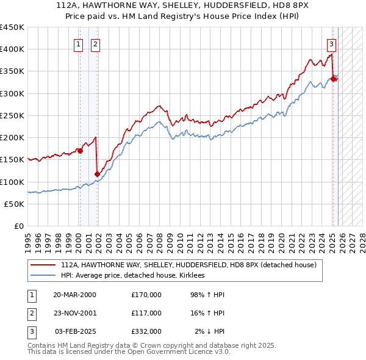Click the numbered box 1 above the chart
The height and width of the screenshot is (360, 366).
coord(79,43)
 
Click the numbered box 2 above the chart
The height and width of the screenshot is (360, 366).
coord(96,43)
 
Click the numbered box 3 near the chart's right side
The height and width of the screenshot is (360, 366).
coord(331,43)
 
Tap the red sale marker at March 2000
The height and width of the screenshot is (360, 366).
coord(80,151)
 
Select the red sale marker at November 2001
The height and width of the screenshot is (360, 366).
coord(97,174)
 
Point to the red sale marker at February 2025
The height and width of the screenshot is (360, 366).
coord(334,79)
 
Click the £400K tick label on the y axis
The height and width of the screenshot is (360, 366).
coord(12,49)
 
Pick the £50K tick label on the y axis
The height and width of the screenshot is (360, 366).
coord(15,204)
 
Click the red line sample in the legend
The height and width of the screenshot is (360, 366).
coord(43,265)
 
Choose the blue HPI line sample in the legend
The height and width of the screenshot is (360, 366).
coord(43,276)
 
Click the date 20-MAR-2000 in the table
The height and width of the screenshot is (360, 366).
coord(74,295)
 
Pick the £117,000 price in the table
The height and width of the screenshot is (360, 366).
coord(146,313)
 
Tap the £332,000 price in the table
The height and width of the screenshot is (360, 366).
coord(146,331)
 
